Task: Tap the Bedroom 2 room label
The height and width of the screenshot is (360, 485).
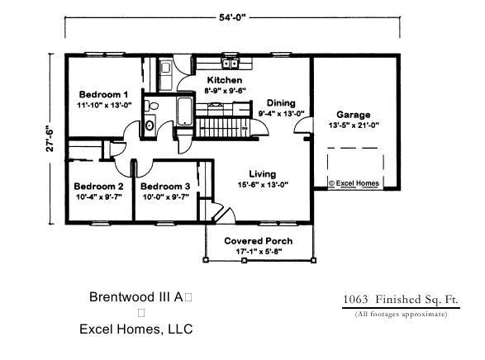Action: (x=97, y=187)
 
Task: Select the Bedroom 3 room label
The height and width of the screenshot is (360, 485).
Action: (x=164, y=187)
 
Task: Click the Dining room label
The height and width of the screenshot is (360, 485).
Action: (x=280, y=102)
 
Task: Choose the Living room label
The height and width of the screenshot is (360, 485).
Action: (x=263, y=173)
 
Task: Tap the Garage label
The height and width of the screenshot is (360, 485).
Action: (x=353, y=115)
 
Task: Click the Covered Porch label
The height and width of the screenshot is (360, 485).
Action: (x=259, y=241)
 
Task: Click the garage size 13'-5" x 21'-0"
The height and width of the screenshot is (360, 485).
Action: (x=353, y=126)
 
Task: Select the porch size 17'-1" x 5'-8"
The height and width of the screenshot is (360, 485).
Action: (x=259, y=252)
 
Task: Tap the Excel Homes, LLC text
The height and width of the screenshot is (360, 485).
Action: (x=136, y=329)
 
